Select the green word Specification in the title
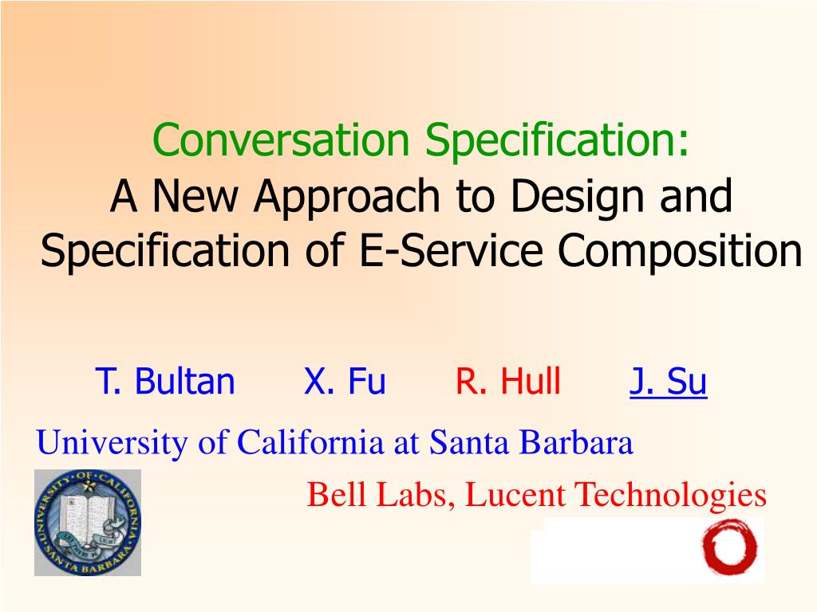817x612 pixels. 557,141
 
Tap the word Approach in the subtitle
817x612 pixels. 347,198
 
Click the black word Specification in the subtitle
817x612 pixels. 165,252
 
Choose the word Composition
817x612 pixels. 680,252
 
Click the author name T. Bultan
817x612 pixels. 165,381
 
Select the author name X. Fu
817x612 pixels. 345,381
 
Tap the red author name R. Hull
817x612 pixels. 508,381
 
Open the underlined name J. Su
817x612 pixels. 668,382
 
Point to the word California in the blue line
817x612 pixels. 310,442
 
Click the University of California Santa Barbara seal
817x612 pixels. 88,523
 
